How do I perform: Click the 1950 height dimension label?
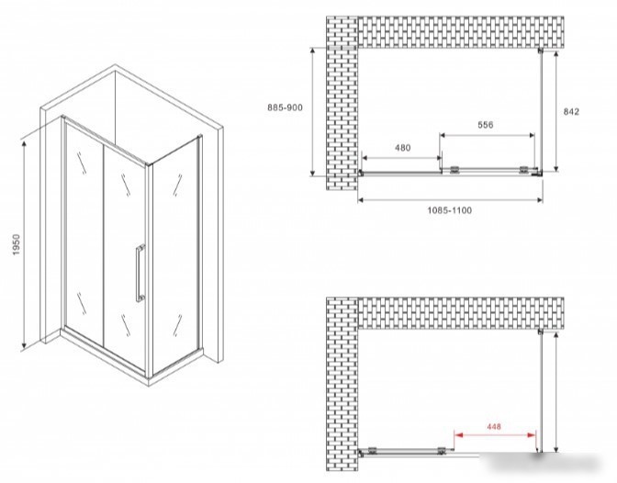point(16,245)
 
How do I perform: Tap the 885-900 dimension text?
point(286,107)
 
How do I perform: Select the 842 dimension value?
point(571,112)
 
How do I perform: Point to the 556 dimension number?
point(485,125)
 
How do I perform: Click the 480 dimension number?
point(402,148)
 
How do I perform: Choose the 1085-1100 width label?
point(450,210)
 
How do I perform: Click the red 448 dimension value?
point(494,426)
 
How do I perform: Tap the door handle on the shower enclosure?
point(140,273)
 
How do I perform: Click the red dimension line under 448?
point(495,435)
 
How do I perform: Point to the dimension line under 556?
point(487,135)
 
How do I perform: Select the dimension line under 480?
point(401,158)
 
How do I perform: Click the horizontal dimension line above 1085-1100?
point(450,200)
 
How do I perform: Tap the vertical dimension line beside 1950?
point(24,245)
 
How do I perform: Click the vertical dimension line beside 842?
point(556,110)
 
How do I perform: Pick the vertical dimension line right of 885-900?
point(313,112)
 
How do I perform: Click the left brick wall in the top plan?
point(342,103)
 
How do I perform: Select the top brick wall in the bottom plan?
point(461,314)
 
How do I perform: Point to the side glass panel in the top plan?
point(542,111)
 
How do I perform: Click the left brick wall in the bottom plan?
point(342,384)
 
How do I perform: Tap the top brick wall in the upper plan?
point(461,32)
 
